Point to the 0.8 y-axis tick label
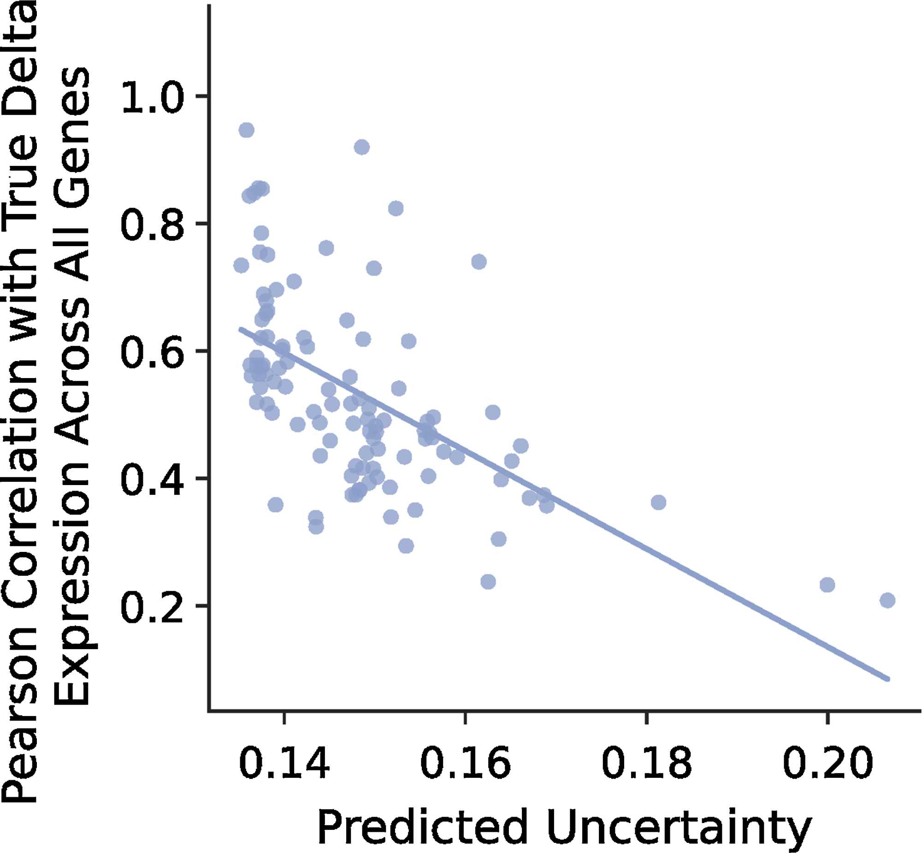(152, 224)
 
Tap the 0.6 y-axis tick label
(152, 352)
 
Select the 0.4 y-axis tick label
(152, 479)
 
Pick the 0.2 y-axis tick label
(152, 606)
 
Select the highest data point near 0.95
(247, 130)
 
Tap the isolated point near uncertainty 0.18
(658, 502)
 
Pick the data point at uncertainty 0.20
(827, 585)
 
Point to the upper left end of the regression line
(241, 329)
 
